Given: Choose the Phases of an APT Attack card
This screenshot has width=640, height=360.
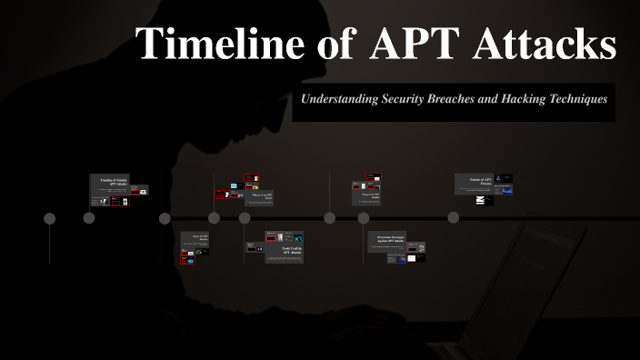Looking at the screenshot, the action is [x=262, y=196].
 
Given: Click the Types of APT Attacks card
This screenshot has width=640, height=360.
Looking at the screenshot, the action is [x=199, y=238].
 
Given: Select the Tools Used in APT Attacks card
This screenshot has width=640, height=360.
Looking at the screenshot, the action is [x=284, y=250].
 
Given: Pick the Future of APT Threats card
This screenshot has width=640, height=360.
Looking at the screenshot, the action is [x=475, y=180].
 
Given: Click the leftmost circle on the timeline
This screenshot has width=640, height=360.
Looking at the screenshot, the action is [x=50, y=218].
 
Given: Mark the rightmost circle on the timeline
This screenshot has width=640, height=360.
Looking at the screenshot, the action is [x=454, y=218].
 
